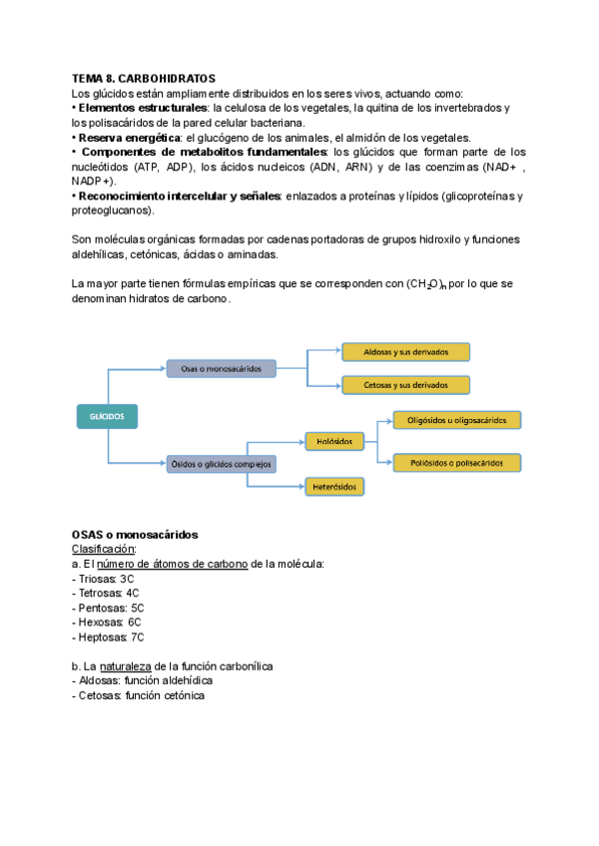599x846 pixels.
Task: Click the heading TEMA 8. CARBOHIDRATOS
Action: tap(143, 78)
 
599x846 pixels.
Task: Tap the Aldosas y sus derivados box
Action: tap(404, 352)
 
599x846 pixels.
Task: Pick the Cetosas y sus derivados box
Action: tap(404, 384)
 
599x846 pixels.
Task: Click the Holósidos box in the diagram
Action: tap(334, 439)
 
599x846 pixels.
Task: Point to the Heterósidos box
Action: tap(334, 487)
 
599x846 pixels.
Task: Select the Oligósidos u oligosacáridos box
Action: tap(457, 421)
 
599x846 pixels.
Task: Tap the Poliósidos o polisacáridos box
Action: tap(457, 463)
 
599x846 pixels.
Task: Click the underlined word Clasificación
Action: tap(103, 550)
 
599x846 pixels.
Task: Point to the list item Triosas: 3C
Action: tap(103, 579)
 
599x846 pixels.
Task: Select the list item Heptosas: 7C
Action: tap(108, 636)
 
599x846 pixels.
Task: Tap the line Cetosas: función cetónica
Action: tap(138, 695)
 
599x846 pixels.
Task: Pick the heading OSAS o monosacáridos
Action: tap(135, 535)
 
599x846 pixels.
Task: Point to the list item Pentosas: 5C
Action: tap(108, 608)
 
